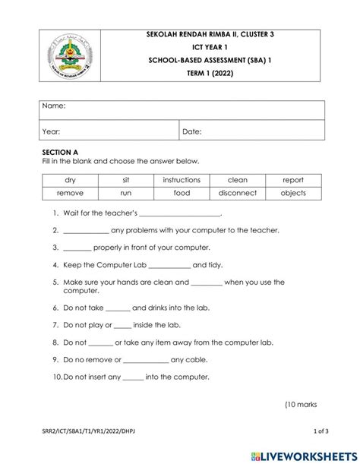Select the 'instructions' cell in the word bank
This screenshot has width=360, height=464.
click(182, 180)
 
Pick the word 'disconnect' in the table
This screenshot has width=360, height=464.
click(238, 193)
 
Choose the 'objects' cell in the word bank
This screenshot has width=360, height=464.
click(293, 193)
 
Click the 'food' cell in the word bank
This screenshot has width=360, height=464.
click(182, 193)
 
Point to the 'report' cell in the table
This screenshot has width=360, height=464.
click(293, 180)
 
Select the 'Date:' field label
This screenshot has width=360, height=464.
click(191, 131)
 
